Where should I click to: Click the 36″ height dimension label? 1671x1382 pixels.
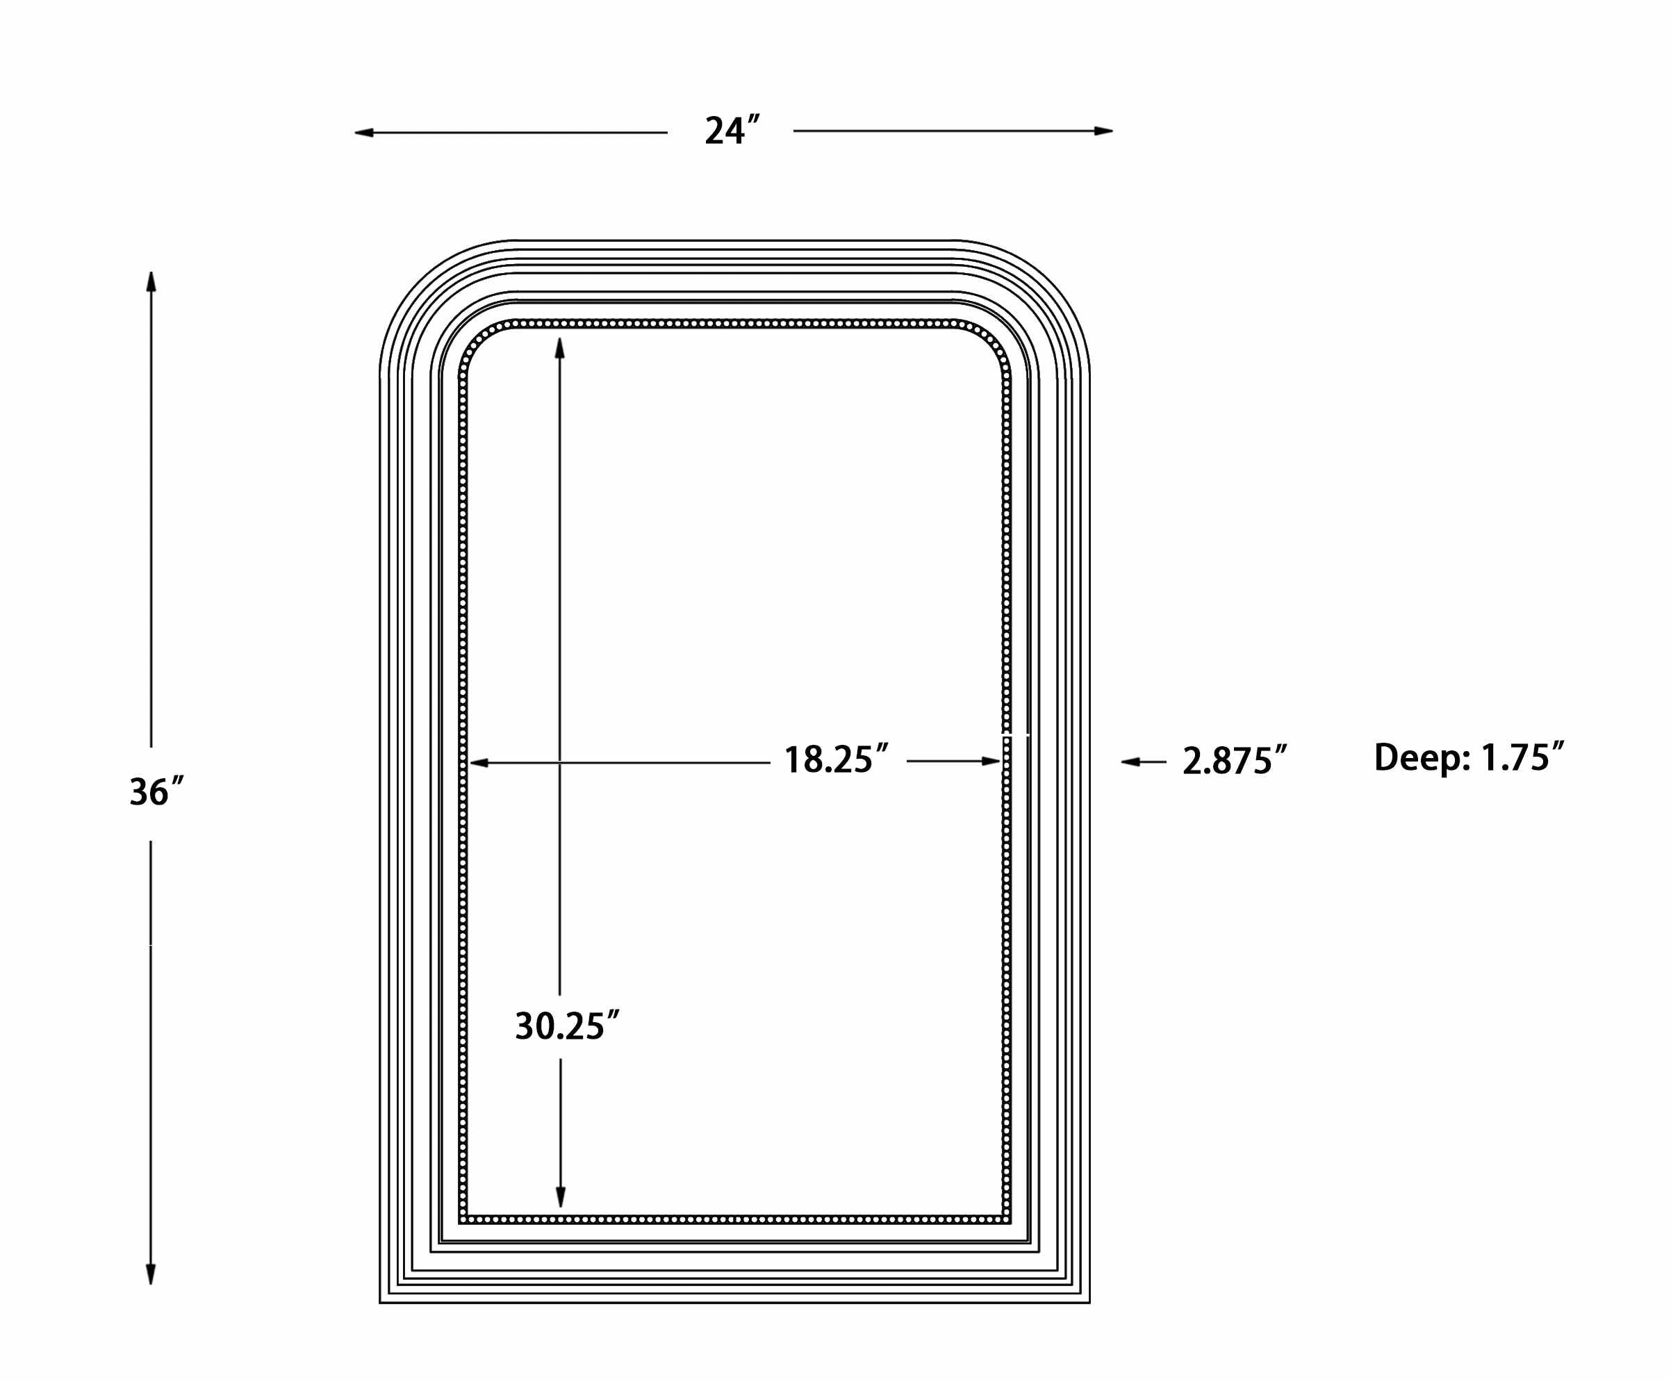(x=156, y=792)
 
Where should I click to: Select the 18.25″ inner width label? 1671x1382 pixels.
(x=835, y=760)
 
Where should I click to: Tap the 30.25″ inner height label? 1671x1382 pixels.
(x=566, y=1026)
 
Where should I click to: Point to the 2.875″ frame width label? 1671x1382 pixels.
(x=1234, y=762)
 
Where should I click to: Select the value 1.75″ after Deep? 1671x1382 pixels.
(x=1522, y=757)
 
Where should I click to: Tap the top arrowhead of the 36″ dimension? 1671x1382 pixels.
(x=151, y=281)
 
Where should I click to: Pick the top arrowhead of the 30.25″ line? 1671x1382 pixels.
(x=559, y=347)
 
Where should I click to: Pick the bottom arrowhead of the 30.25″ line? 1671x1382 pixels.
(x=560, y=1197)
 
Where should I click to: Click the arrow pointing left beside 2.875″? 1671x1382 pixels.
(x=1130, y=762)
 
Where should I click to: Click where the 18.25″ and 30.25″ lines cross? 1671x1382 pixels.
(x=559, y=763)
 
